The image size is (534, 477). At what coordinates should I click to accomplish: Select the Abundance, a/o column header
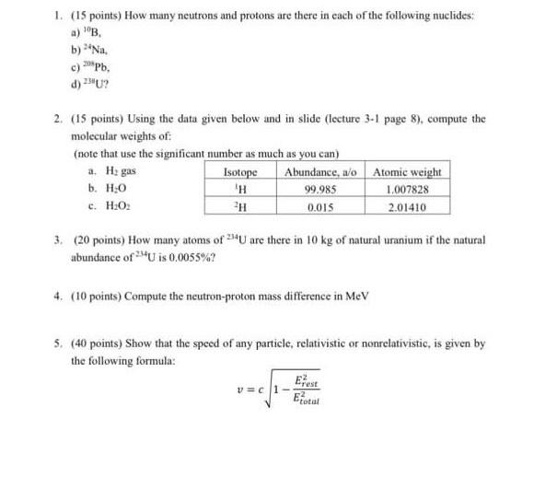(321, 172)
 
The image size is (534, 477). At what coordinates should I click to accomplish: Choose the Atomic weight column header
(407, 172)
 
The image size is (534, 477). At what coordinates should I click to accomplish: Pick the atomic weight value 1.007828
(406, 190)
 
